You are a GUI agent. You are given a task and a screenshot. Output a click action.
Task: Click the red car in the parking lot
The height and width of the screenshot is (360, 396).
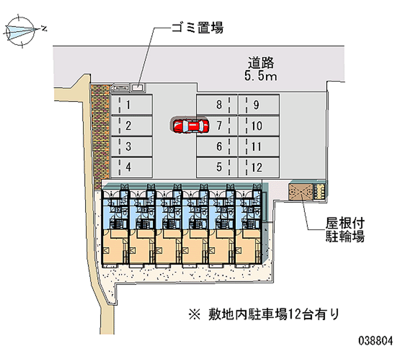pos(191,126)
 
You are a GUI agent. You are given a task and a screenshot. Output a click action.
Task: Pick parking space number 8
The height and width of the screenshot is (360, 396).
pos(218,104)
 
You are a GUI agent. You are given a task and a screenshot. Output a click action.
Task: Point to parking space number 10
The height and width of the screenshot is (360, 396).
pos(256,126)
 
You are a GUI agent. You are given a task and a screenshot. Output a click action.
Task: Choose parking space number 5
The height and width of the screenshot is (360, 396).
pos(218,167)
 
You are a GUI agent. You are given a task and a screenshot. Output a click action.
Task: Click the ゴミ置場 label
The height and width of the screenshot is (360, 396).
pos(197,28)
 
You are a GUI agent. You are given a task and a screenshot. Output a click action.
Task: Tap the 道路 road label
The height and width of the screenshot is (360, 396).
pos(261,63)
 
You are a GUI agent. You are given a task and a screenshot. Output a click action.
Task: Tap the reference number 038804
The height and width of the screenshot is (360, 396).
pos(375,341)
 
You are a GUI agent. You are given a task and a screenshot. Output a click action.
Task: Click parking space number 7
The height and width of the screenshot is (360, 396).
pos(218,126)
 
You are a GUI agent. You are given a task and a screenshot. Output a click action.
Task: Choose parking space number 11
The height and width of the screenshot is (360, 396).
pos(256,147)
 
